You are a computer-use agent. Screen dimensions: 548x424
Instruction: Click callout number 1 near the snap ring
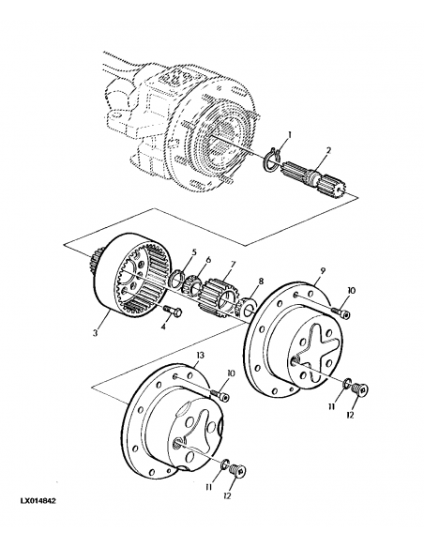click(x=289, y=135)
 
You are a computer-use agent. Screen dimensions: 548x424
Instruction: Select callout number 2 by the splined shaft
click(x=328, y=150)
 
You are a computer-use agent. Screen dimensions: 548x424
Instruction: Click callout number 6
click(x=207, y=260)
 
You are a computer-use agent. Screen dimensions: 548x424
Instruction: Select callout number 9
click(x=321, y=270)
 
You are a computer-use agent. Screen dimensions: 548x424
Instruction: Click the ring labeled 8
click(x=250, y=306)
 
